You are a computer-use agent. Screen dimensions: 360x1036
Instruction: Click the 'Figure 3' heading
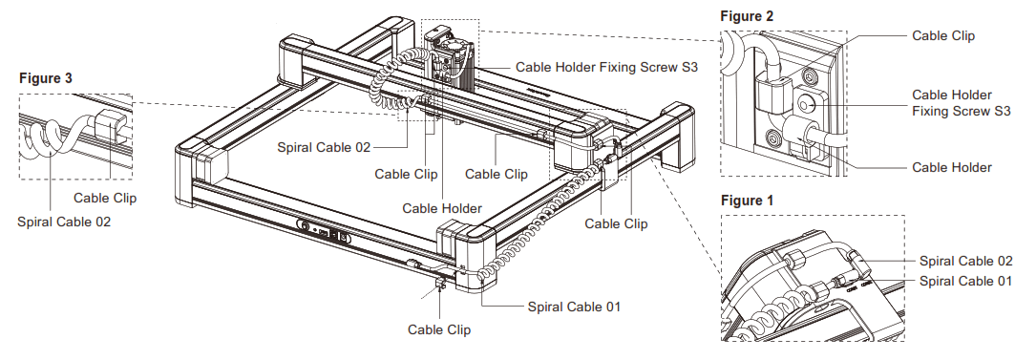click(x=46, y=78)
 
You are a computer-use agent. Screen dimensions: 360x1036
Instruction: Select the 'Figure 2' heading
click(x=748, y=16)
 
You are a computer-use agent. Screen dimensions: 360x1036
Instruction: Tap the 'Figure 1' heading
click(x=748, y=201)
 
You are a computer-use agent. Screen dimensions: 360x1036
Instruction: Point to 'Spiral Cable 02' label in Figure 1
click(x=965, y=261)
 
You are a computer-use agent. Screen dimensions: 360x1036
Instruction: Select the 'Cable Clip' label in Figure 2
click(x=943, y=35)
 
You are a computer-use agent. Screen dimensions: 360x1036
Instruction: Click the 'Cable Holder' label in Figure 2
click(x=951, y=167)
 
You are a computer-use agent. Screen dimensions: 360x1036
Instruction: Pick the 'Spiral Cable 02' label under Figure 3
click(x=64, y=222)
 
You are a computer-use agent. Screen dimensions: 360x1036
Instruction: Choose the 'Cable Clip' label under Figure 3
click(x=105, y=199)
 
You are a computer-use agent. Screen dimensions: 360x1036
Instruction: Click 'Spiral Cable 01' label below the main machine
click(x=574, y=307)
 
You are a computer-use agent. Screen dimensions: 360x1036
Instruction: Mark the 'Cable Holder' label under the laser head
click(x=441, y=207)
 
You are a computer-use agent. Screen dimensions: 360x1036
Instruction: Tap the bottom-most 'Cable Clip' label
click(x=438, y=330)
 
